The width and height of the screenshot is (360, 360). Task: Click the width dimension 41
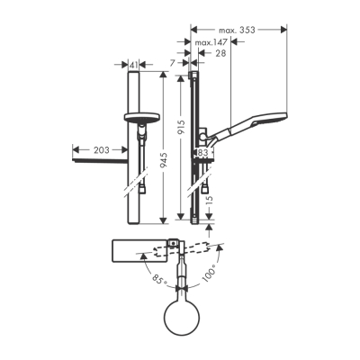tap(134, 65)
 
